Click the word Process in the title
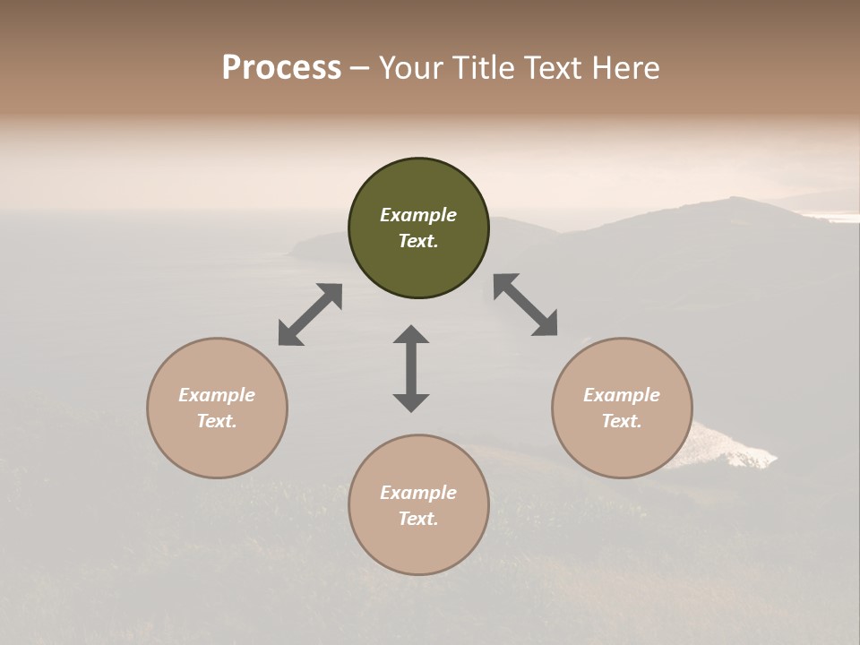281,68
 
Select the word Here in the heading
626,68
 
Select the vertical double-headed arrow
411,368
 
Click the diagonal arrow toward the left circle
310,314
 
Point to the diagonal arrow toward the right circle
525,305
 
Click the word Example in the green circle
418,215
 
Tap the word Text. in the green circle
418,241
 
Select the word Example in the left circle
217,395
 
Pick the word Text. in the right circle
622,421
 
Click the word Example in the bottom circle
418,493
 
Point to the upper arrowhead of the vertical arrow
411,335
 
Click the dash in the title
360,68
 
